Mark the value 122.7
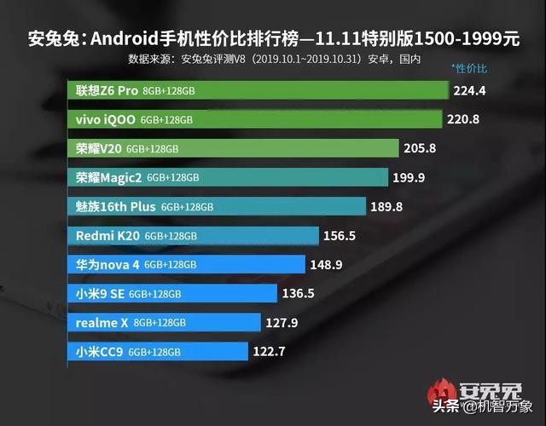(x=270, y=351)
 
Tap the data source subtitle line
(x=274, y=60)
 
